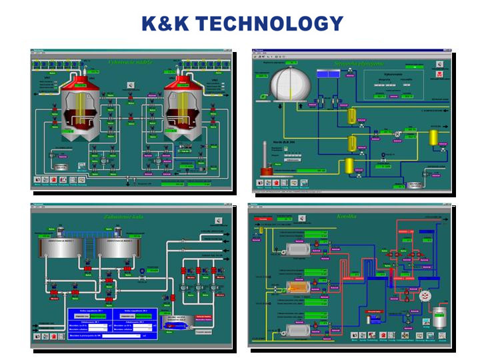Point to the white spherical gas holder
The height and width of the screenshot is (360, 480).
point(291,86)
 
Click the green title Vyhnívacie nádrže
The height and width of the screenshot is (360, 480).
point(131,62)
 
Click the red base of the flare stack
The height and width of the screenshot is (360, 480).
point(267,171)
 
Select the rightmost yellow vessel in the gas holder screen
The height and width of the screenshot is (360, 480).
point(433,138)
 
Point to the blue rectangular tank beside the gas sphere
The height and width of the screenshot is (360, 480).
point(327,75)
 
